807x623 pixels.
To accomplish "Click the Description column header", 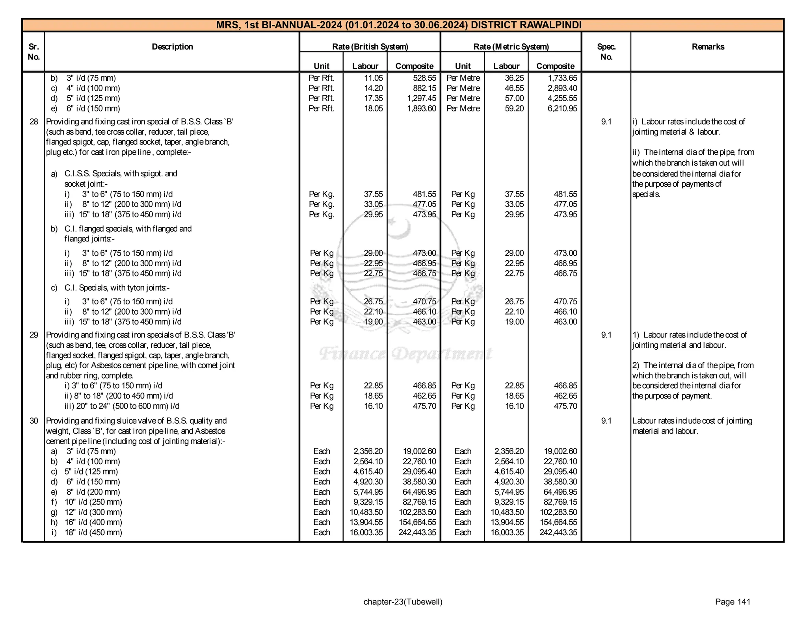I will [172, 47].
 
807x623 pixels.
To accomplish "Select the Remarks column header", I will [708, 47].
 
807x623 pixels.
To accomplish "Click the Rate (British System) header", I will [370, 47].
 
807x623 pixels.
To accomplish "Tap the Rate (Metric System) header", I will [511, 47].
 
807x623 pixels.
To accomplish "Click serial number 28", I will [34, 122].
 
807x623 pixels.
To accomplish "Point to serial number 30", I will [34, 421].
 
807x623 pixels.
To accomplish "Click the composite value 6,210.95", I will [562, 109].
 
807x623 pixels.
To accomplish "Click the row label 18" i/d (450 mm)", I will [93, 533].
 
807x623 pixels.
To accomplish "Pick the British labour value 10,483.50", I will [366, 512].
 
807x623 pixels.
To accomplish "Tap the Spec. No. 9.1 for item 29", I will [606, 335].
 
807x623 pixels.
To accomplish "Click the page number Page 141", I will [733, 602].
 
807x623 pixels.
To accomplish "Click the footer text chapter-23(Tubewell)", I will [403, 602].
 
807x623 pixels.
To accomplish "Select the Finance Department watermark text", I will [405, 354].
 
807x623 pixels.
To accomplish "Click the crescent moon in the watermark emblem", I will [399, 228].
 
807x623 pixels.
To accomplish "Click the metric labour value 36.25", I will [514, 78].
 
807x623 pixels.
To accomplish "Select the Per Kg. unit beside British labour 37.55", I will [322, 194].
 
